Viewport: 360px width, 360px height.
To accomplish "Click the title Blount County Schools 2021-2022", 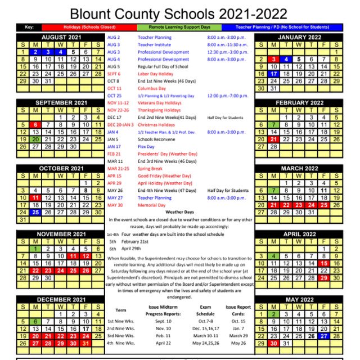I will coord(179,13).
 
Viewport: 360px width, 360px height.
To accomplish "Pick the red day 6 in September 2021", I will coord(35,125).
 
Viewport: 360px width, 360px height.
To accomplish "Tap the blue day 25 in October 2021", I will coord(35,212).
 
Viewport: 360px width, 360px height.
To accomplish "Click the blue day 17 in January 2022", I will coord(273,74).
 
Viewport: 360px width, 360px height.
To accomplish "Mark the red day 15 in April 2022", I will coord(323,263).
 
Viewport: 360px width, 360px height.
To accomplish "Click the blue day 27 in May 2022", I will coord(323,336).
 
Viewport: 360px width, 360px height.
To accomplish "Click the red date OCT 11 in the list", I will coord(114,88).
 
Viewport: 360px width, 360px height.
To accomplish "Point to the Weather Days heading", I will coord(179,212).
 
